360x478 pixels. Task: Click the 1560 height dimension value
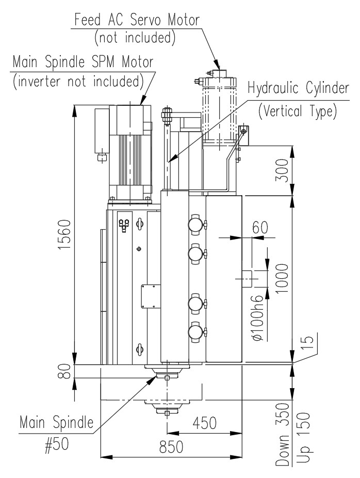(x=64, y=234)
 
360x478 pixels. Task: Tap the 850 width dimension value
(x=171, y=447)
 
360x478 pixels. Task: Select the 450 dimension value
(x=204, y=423)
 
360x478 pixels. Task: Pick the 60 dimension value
(x=260, y=228)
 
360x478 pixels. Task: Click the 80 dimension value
(x=64, y=371)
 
